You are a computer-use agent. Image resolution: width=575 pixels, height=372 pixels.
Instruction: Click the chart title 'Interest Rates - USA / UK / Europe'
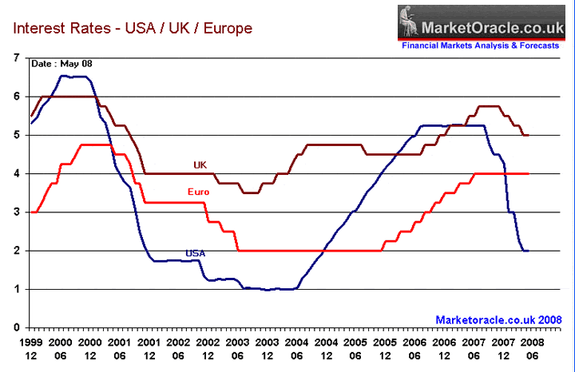[x=132, y=29]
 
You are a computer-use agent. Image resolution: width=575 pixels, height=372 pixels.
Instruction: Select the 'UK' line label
[x=200, y=164]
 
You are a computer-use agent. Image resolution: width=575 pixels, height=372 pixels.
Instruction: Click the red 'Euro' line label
[x=199, y=192]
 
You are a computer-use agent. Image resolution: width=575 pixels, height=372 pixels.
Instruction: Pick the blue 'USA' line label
[x=196, y=254]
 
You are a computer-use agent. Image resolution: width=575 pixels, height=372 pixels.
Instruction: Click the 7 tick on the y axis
[x=17, y=58]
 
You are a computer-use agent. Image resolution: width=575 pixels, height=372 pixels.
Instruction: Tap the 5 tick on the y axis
[x=17, y=135]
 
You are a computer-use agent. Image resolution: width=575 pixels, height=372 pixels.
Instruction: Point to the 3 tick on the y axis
[x=17, y=212]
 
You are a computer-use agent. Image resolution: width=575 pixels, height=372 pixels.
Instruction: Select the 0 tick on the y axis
[x=17, y=327]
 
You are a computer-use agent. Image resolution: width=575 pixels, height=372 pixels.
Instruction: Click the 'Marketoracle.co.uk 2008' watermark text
[x=493, y=319]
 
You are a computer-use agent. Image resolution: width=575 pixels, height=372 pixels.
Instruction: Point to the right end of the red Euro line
[x=529, y=173]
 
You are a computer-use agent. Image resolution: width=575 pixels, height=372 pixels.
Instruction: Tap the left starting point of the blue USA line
[x=30, y=123]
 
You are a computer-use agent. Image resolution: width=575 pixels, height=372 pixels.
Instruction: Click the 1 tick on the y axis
[x=17, y=289]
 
